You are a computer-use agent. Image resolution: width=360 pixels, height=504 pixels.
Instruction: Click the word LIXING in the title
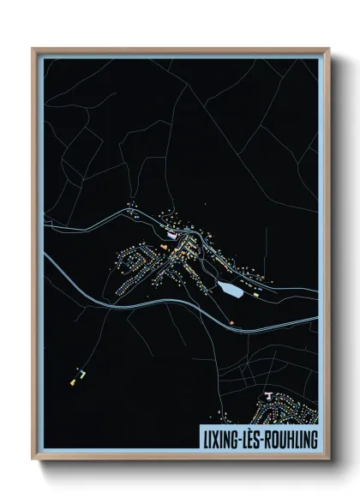coord(221,437)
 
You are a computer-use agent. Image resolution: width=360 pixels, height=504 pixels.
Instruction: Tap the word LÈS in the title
coord(256,437)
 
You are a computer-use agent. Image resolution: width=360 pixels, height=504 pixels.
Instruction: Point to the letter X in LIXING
coord(216,437)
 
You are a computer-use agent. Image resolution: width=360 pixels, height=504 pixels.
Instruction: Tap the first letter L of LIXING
coord(205,437)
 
